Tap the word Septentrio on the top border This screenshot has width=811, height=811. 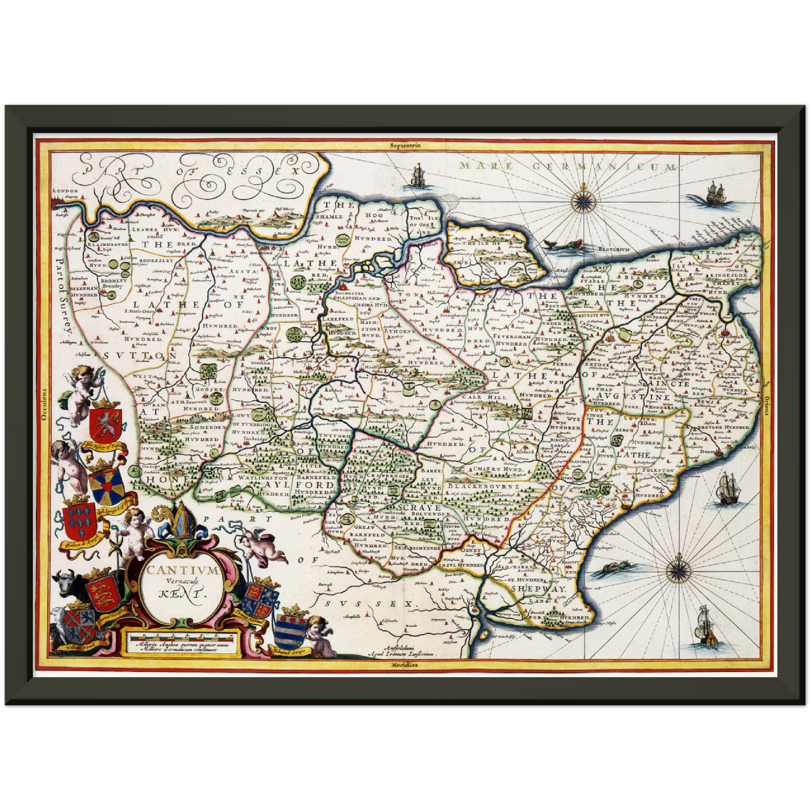point(406,145)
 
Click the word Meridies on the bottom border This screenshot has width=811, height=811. point(405,665)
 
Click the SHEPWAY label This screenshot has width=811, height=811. point(538,589)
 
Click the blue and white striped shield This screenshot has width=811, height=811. point(289,632)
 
